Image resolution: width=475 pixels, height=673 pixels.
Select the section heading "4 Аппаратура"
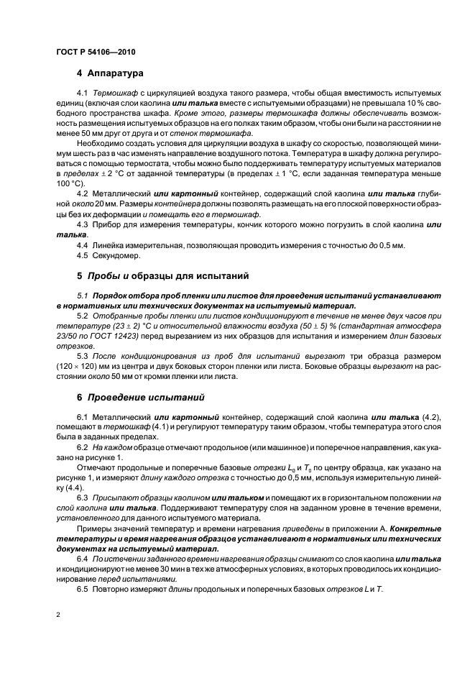(x=110, y=73)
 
